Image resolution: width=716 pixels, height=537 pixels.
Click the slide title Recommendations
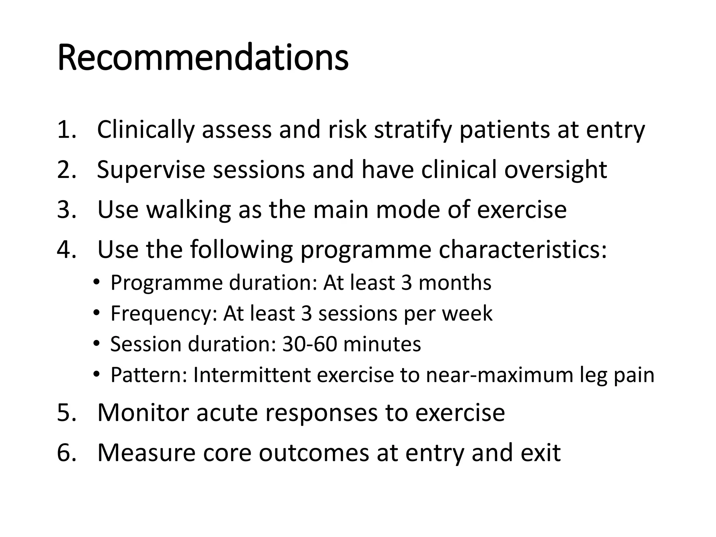tap(203, 58)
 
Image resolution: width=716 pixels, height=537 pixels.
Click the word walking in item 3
tap(188, 210)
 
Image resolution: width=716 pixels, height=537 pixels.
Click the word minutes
tap(382, 344)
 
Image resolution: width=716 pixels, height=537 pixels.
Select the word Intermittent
tap(252, 375)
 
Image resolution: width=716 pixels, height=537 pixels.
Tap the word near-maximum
tap(500, 375)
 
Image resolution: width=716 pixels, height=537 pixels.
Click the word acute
tap(227, 413)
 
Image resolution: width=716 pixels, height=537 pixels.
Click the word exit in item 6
tap(540, 453)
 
